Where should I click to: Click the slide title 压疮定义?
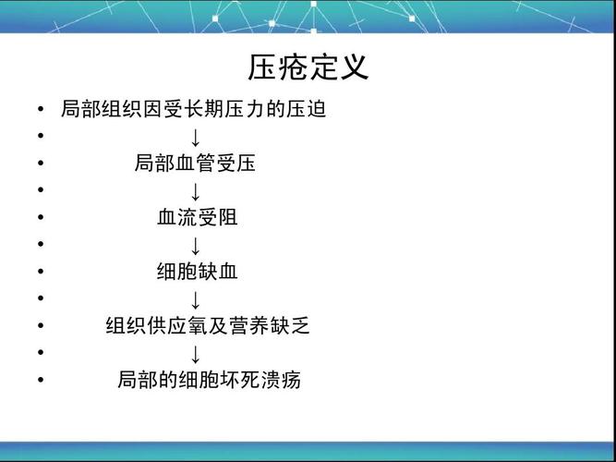coord(308,67)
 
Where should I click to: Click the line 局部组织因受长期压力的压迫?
coord(193,110)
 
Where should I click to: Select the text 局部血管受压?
coord(195,164)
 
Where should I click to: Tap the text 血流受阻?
coord(198,218)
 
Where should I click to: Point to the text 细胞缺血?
coord(198,272)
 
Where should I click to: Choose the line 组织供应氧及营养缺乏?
coord(208,325)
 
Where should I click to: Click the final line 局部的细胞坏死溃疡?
coord(209,380)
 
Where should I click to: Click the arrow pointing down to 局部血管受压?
coord(196,138)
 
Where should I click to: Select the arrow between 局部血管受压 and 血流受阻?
coord(196,191)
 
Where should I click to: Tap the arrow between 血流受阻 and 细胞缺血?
coord(196,245)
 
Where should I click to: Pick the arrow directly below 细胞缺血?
coord(196,298)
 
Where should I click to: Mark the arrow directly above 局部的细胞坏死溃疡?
coord(196,353)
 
